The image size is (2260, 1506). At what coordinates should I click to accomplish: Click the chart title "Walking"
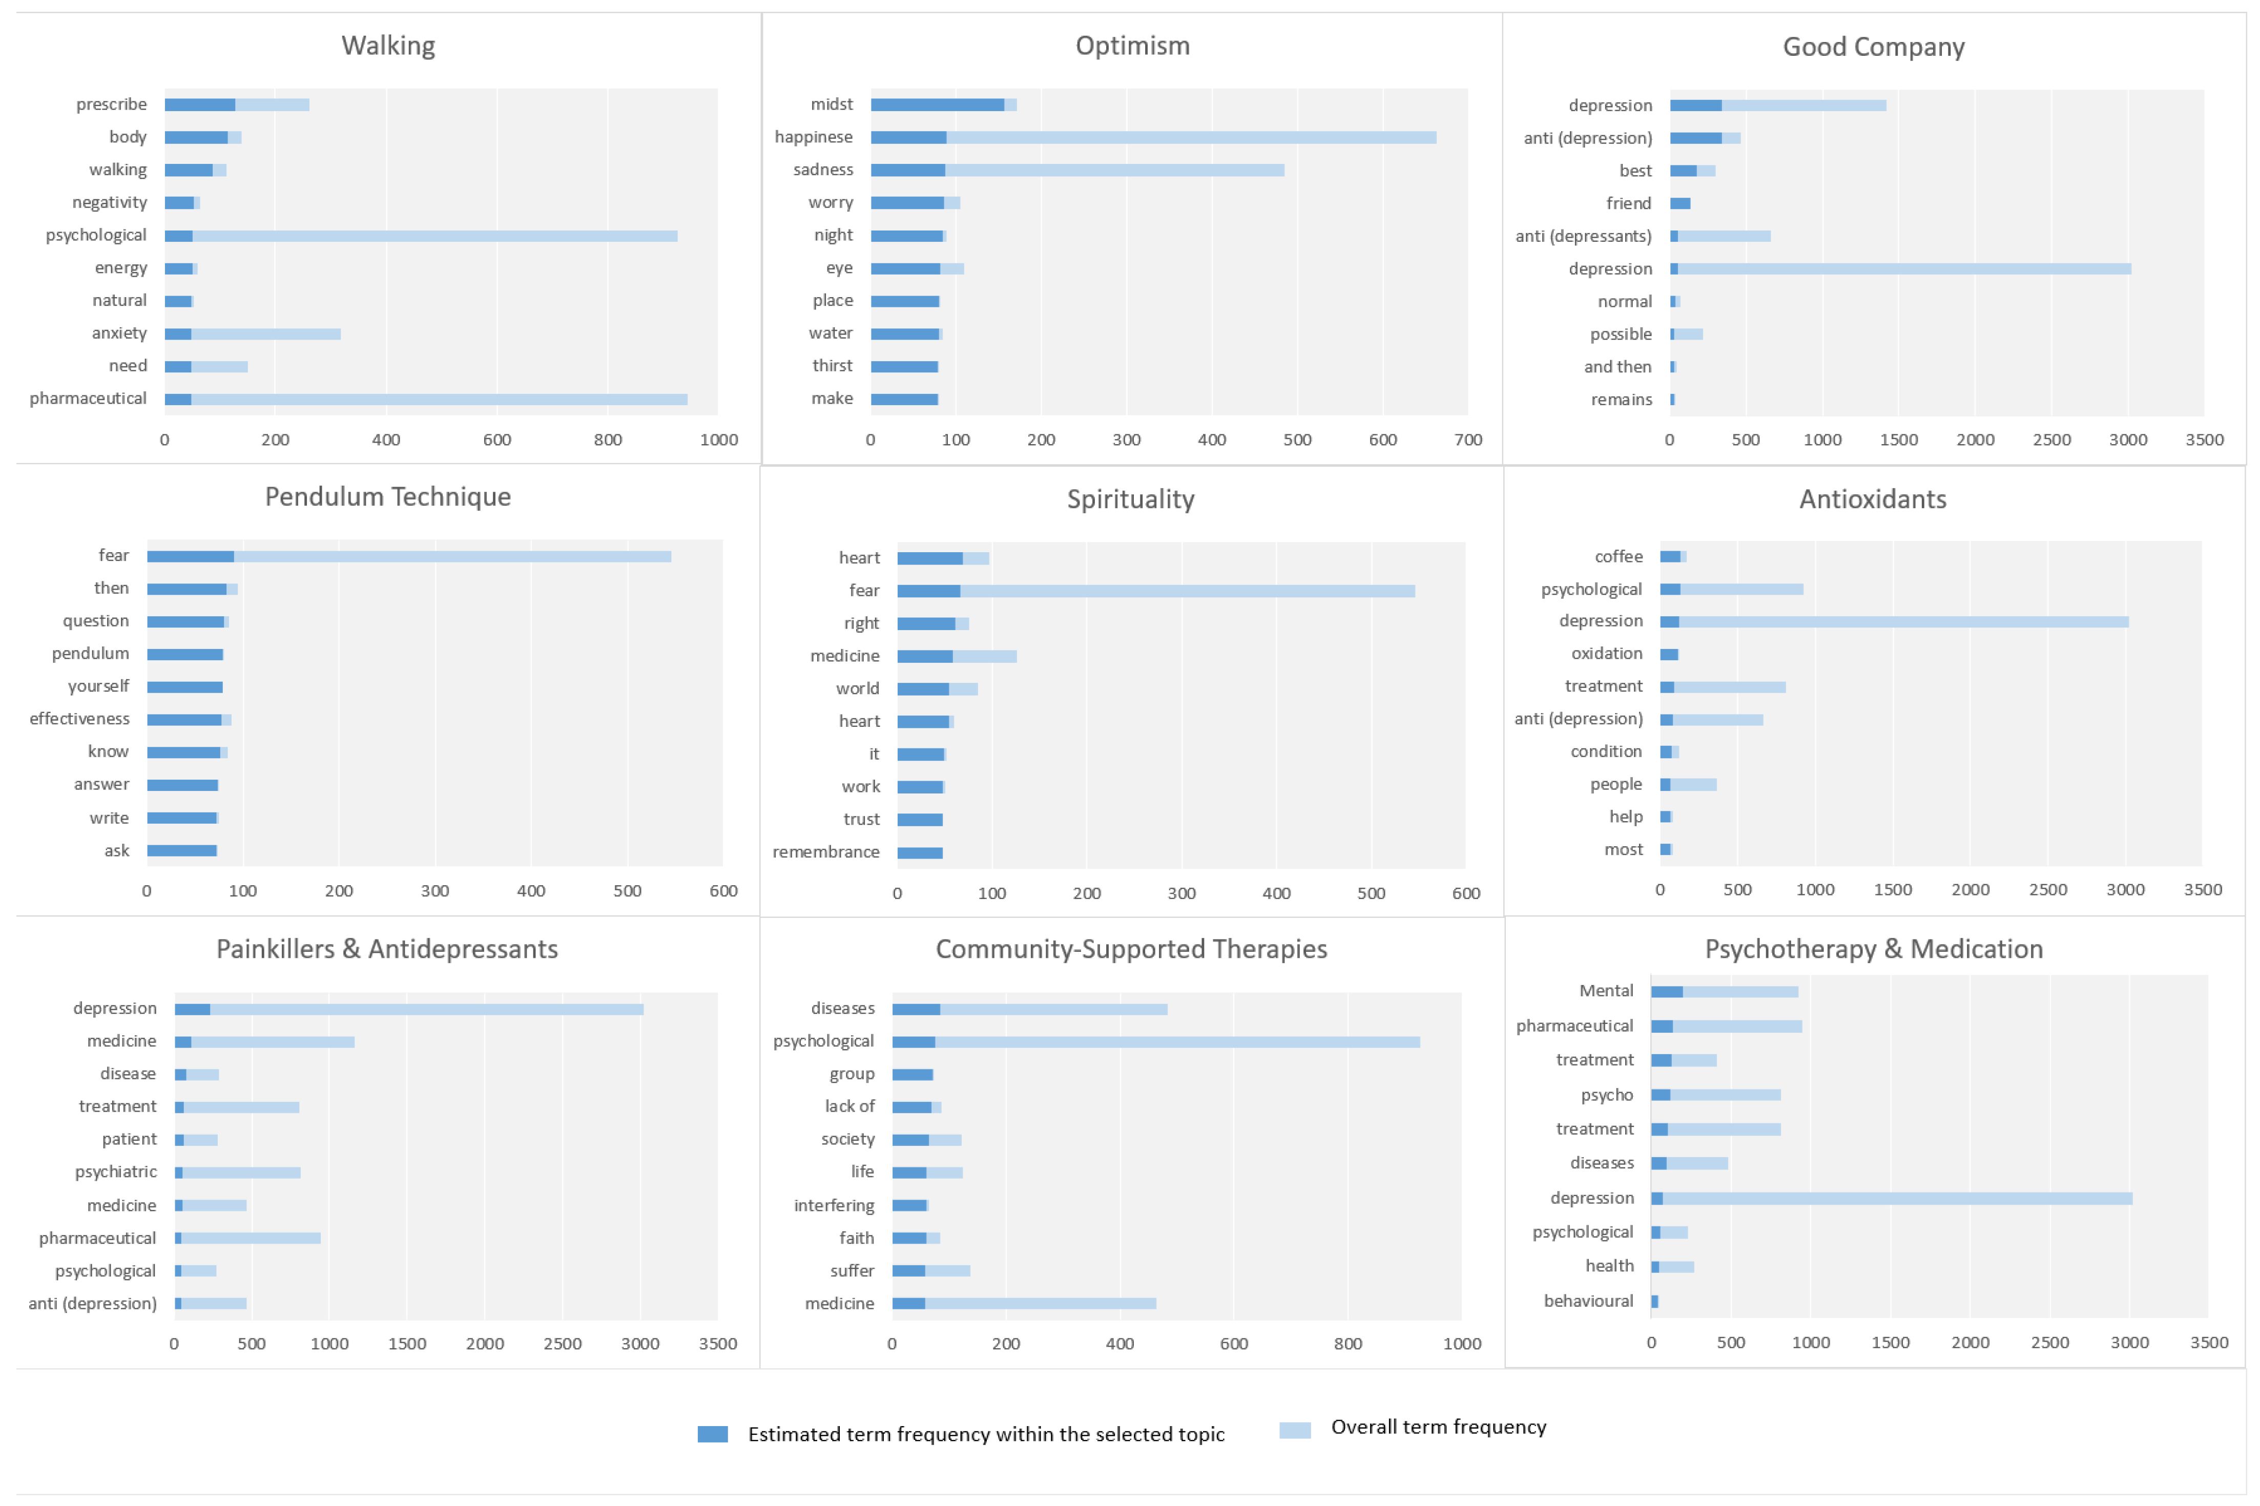pyautogui.click(x=388, y=45)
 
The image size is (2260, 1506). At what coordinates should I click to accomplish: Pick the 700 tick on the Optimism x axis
pyautogui.click(x=1467, y=440)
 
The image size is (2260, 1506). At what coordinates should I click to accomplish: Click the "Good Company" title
pyautogui.click(x=1873, y=46)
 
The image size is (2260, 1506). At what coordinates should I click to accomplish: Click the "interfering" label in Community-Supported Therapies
pyautogui.click(x=834, y=1205)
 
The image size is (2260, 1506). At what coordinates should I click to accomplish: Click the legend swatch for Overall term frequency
pyautogui.click(x=1295, y=1430)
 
